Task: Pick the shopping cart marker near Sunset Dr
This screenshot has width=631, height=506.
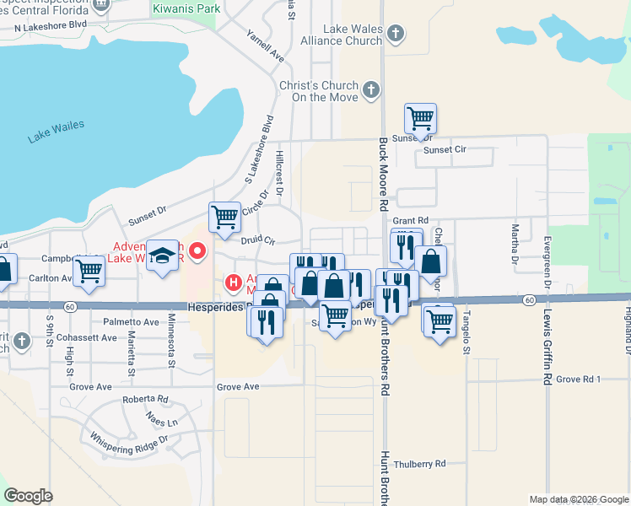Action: tap(420, 118)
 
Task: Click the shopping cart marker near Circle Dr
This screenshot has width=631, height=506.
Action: tap(224, 217)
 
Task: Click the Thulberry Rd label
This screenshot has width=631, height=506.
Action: tap(418, 464)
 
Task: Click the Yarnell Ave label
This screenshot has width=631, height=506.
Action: tap(265, 50)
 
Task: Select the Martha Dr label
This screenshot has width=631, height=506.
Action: tap(514, 245)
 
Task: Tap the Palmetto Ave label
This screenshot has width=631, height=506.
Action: tap(131, 322)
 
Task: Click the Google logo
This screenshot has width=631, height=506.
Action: tap(28, 496)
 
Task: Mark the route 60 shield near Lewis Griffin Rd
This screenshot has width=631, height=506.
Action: tap(528, 299)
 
